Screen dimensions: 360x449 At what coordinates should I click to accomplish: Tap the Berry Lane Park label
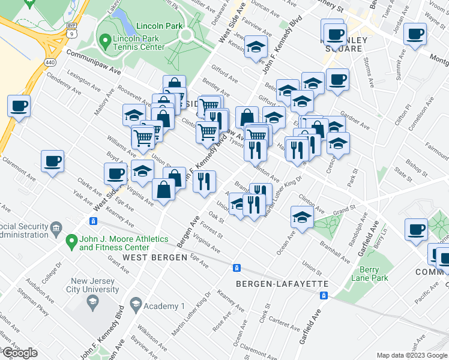point(370,274)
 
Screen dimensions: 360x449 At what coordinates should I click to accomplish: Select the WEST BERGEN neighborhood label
point(152,257)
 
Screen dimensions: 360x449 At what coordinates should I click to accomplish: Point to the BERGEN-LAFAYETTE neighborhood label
point(282,283)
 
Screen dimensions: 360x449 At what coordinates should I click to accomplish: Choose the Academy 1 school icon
point(136,306)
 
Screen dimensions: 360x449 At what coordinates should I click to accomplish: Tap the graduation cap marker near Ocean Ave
point(301,217)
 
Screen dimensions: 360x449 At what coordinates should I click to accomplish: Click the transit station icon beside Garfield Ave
point(324,295)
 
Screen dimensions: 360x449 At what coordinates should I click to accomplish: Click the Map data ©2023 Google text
point(411,355)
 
